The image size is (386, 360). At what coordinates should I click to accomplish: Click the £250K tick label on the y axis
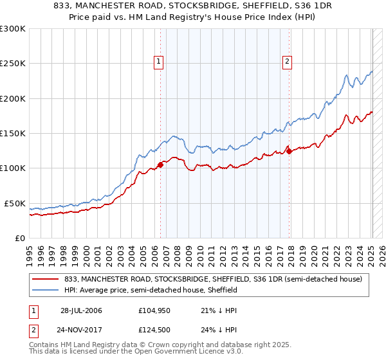pos(13,64)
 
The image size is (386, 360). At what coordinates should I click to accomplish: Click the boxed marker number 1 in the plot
pos(158,62)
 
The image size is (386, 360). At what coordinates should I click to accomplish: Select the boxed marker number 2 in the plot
pos(286,62)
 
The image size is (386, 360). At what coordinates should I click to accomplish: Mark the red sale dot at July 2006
pos(160,165)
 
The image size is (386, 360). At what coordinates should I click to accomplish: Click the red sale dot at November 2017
pos(289,152)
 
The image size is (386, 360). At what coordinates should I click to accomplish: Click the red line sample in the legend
pos(46,279)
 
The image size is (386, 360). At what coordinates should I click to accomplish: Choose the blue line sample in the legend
pos(46,290)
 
